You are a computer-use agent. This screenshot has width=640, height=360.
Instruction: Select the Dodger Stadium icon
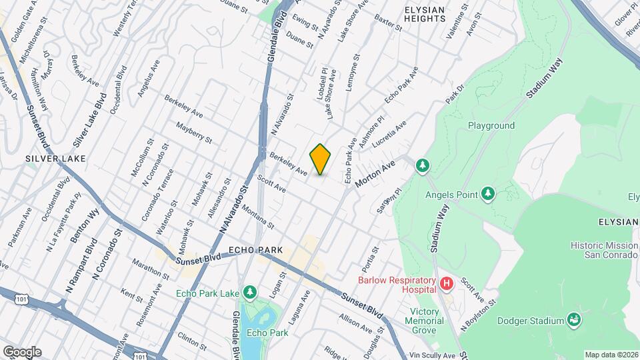click(573, 321)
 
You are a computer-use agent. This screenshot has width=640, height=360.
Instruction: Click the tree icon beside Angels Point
click(489, 194)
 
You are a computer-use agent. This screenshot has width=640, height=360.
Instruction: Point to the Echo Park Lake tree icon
click(250, 293)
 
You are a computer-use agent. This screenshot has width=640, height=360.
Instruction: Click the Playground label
click(491, 125)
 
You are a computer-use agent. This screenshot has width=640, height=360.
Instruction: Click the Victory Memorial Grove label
click(424, 321)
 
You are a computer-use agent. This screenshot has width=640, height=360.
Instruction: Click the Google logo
click(22, 351)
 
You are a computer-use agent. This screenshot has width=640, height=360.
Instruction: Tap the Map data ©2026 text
click(611, 354)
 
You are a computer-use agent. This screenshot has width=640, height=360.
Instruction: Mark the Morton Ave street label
click(375, 173)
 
